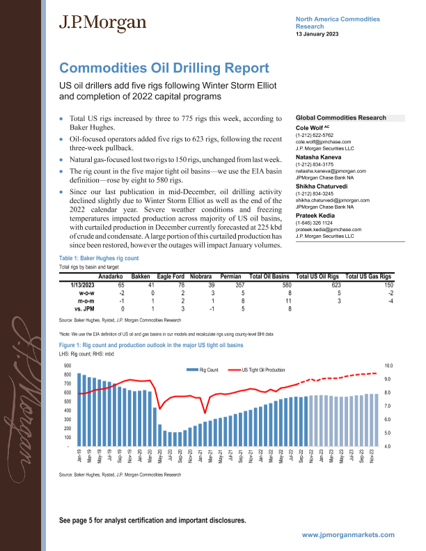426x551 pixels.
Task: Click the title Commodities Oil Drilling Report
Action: click(164, 68)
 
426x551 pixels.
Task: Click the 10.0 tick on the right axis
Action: click(389, 365)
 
